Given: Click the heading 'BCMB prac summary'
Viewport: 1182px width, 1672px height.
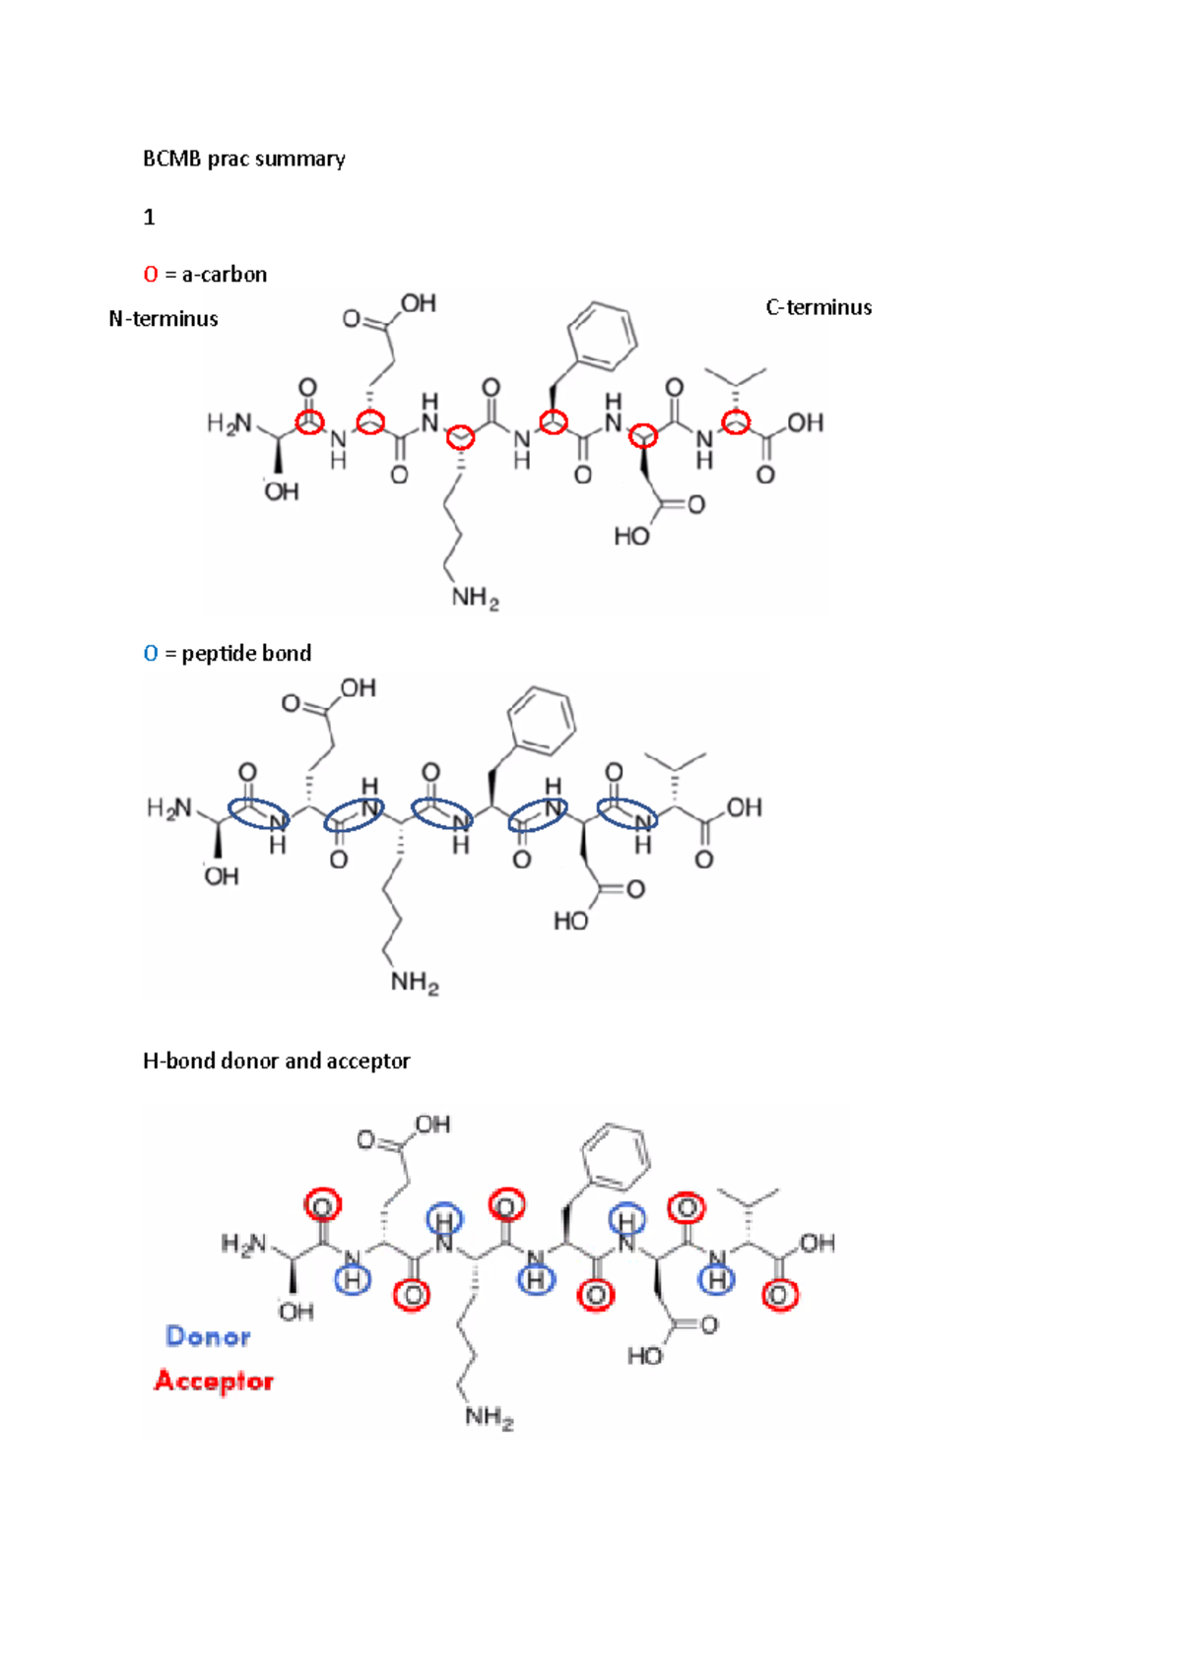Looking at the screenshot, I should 243,159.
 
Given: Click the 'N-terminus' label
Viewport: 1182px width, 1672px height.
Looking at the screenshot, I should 164,319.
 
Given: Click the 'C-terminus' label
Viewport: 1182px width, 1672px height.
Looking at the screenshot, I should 819,307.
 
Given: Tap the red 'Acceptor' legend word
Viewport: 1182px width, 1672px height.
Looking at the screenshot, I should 214,1381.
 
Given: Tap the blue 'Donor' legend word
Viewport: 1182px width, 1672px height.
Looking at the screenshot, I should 208,1336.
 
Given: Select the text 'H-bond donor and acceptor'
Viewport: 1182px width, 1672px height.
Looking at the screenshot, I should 276,1061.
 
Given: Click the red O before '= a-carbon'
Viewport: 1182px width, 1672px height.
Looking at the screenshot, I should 151,274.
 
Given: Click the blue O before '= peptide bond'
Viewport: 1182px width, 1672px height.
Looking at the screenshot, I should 151,653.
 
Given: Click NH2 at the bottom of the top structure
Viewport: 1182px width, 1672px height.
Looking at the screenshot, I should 475,597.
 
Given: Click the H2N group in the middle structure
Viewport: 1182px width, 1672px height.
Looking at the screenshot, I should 169,808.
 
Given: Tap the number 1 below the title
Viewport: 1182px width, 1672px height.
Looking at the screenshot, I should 149,217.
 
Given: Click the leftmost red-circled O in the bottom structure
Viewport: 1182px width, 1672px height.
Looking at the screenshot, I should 322,1205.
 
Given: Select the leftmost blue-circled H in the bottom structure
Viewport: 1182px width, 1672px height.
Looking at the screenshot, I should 353,1279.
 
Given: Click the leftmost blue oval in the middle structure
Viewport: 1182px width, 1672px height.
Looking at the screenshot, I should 259,813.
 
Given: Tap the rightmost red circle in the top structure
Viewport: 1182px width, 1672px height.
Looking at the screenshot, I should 737,423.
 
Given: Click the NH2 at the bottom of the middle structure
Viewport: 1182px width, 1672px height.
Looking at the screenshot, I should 415,981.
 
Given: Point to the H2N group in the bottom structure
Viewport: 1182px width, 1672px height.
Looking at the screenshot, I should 243,1245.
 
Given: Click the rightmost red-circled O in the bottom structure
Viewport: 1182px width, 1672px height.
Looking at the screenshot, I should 780,1296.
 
